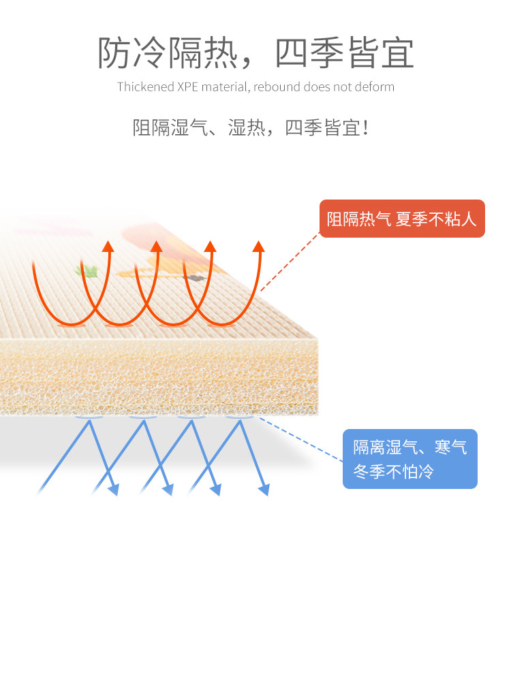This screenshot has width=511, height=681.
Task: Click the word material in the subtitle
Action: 227,87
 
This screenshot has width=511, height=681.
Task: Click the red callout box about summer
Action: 401,219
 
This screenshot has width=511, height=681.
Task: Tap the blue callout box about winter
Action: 409,459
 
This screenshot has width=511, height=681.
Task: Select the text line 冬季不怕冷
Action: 393,471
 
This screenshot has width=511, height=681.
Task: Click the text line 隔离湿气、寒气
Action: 409,447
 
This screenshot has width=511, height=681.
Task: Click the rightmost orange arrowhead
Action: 258,246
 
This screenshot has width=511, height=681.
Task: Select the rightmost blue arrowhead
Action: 264,490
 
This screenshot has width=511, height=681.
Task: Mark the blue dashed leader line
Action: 300,439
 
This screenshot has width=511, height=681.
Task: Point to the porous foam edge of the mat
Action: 157,378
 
